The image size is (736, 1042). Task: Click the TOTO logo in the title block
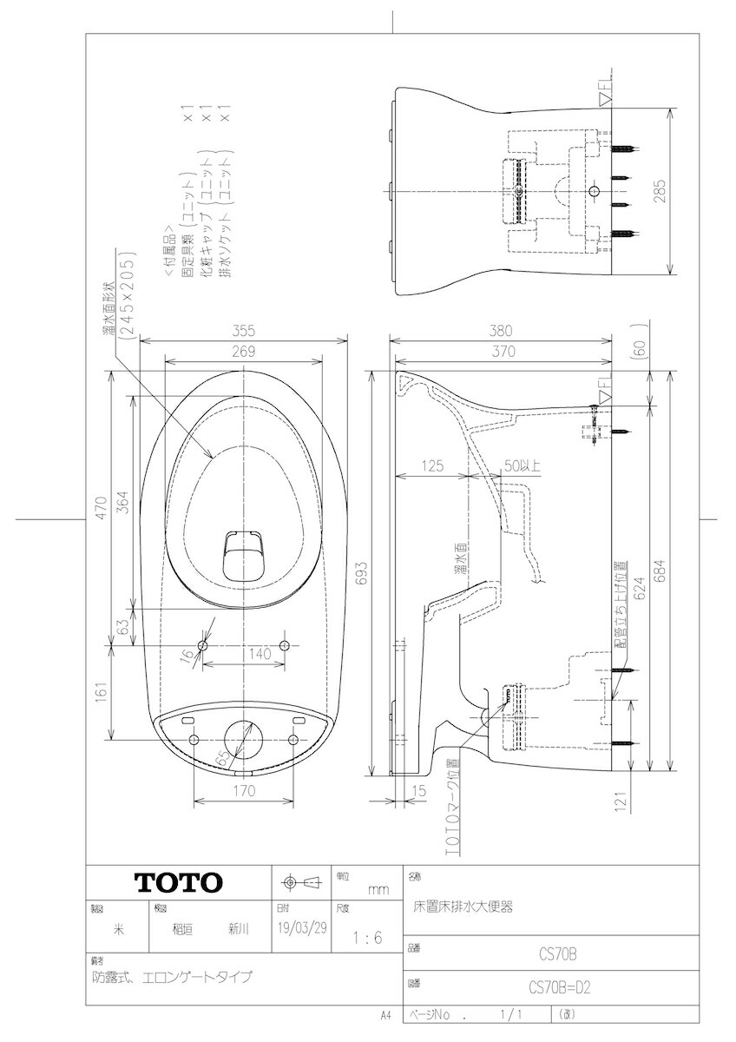(178, 882)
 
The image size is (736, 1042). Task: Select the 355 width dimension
(243, 330)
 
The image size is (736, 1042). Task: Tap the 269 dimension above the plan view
(243, 352)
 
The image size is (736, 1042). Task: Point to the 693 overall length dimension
(363, 569)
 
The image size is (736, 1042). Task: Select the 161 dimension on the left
(102, 692)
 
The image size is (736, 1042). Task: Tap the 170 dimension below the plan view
(243, 791)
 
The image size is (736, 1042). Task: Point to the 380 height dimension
(503, 330)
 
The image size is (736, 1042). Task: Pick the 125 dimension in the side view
(430, 466)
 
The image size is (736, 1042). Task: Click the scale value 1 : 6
(368, 938)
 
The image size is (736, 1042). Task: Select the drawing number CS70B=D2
(560, 987)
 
